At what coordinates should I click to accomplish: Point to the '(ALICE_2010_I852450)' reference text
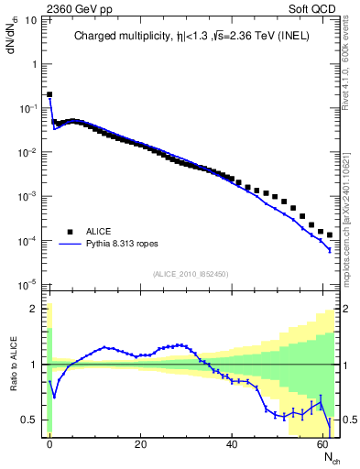pos(191,274)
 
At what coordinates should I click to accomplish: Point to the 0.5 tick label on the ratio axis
pos(30,420)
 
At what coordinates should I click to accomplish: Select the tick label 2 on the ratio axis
pos(35,309)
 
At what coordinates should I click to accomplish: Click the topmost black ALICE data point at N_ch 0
pos(49,94)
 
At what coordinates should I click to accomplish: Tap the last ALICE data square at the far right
pos(330,235)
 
